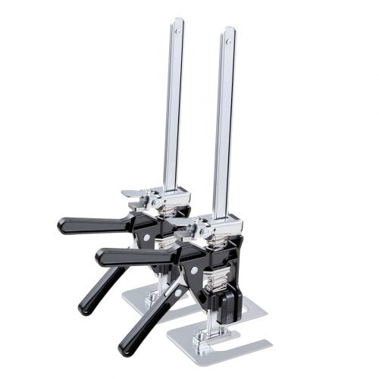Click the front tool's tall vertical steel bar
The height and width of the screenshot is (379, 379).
(224, 129)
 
